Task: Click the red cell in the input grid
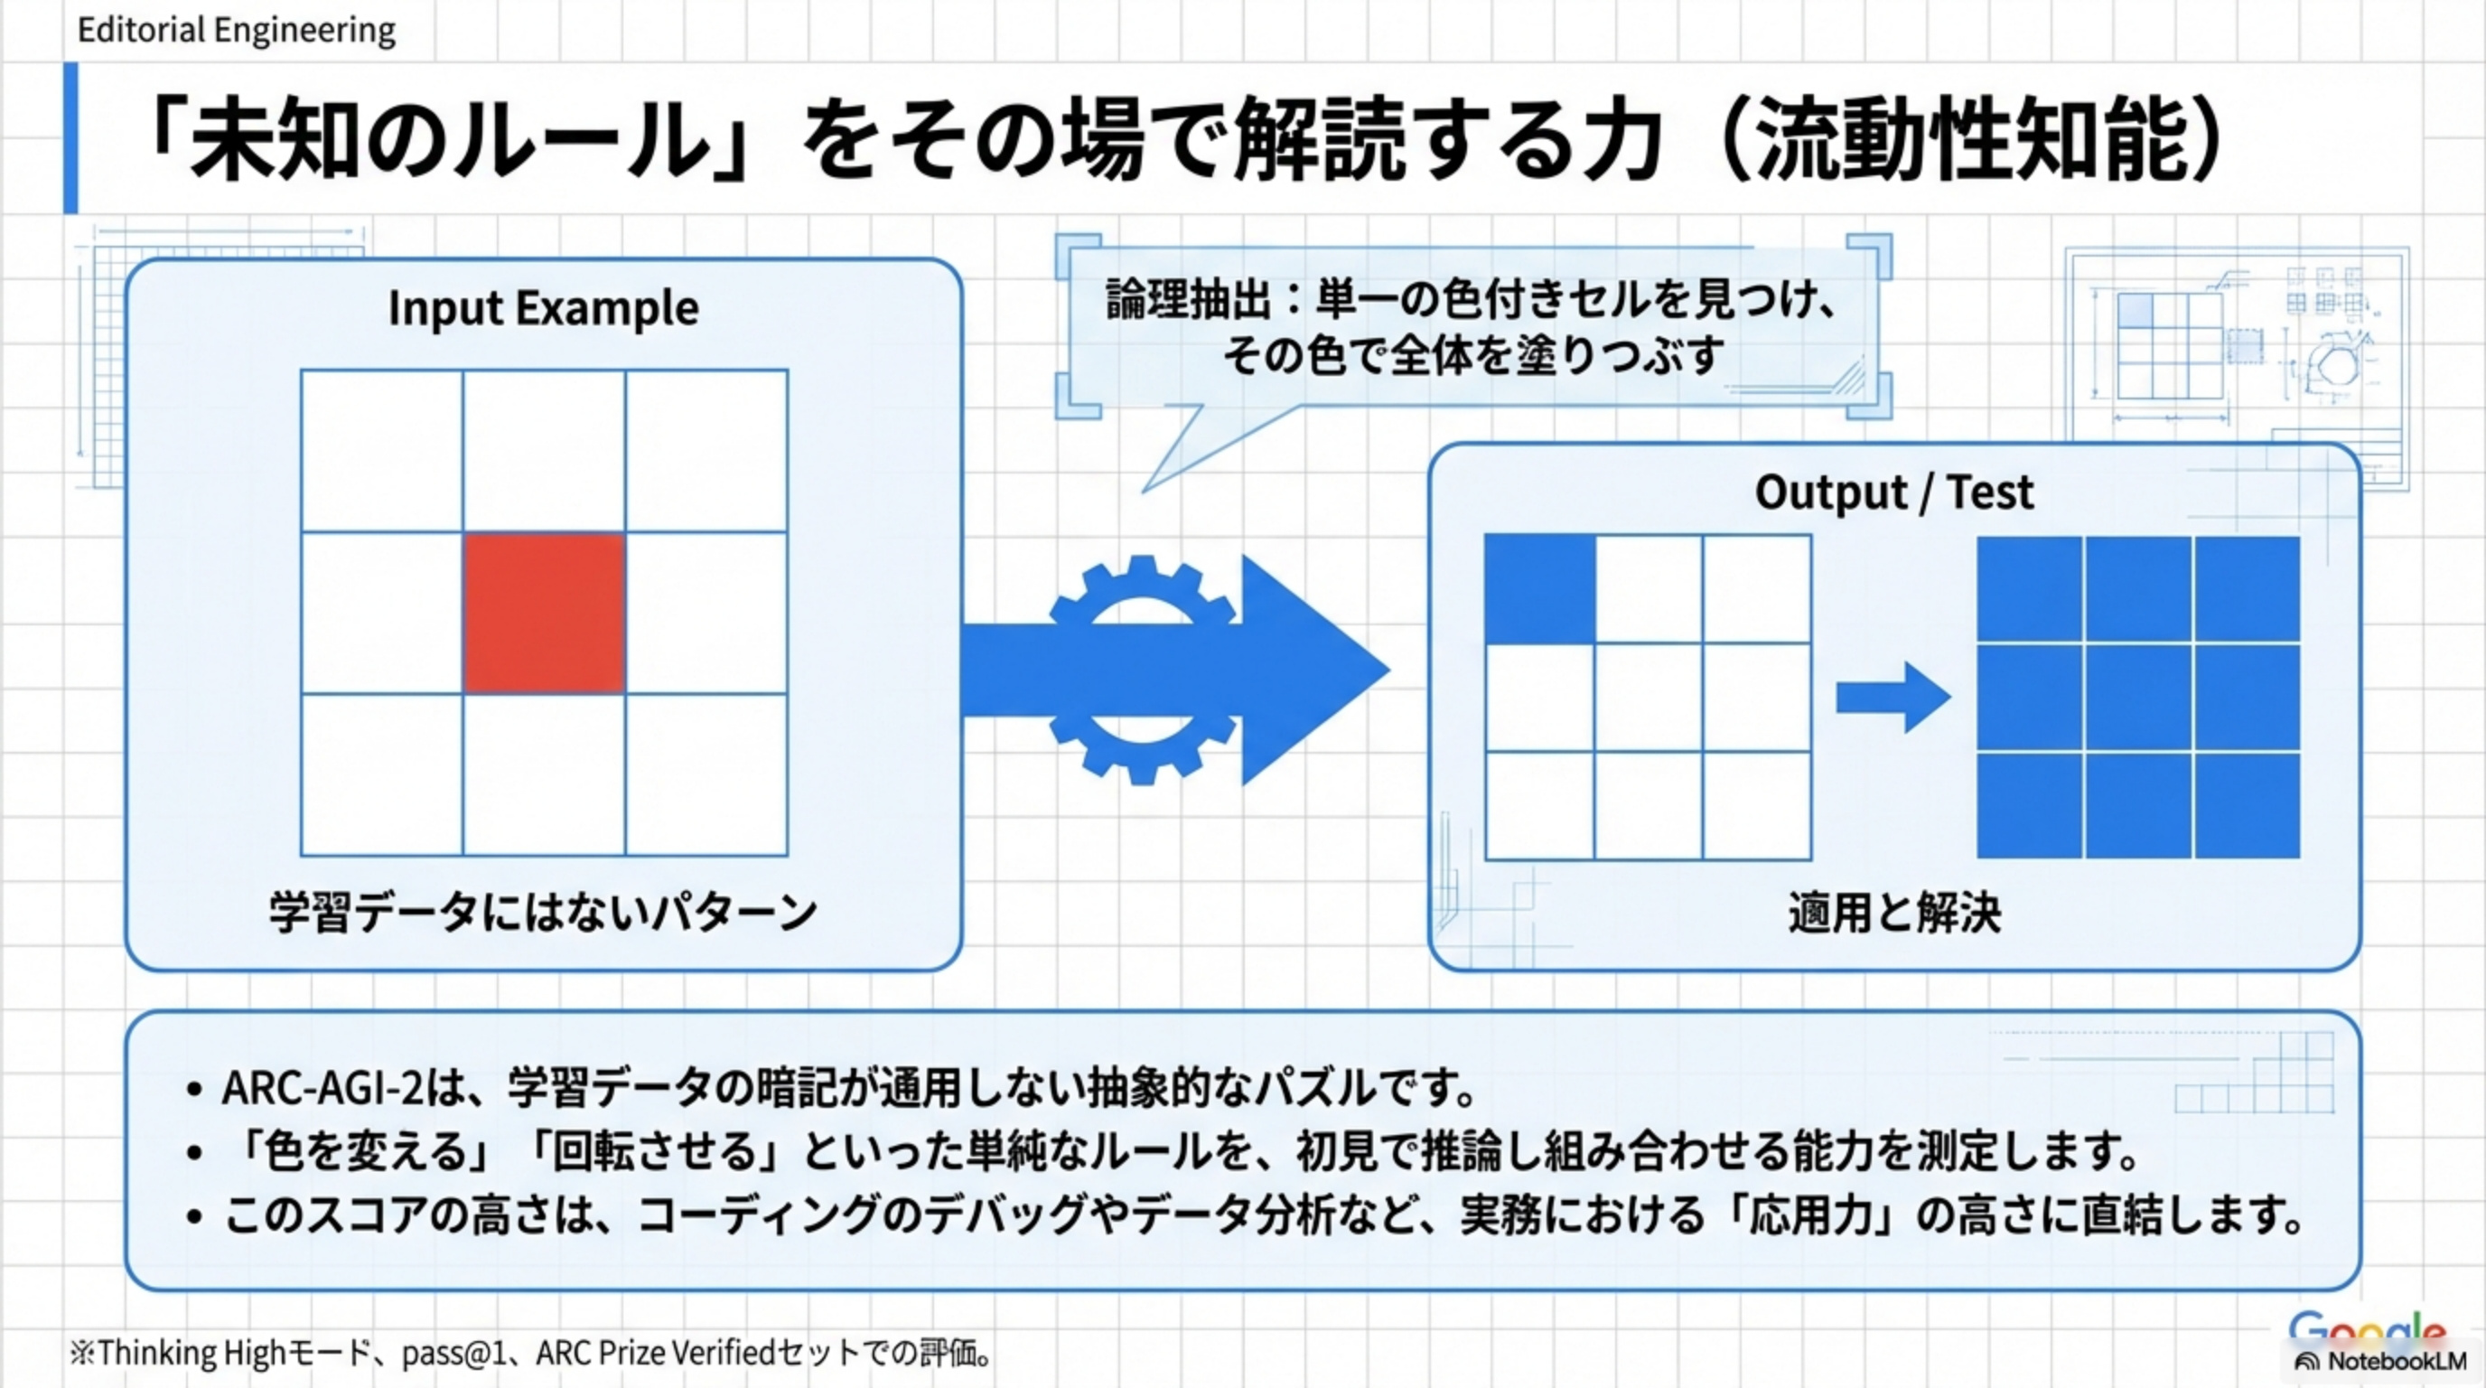point(543,612)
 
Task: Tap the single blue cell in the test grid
point(1539,589)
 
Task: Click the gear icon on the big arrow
point(1143,669)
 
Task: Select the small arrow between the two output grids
point(1892,697)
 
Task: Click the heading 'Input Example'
point(543,309)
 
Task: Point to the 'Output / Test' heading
point(1893,492)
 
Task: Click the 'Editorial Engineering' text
point(237,31)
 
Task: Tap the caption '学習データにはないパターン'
point(543,912)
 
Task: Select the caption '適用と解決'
point(1893,912)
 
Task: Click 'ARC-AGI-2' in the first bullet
point(322,1089)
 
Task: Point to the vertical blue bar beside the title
point(70,137)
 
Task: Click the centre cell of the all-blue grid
point(2138,697)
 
